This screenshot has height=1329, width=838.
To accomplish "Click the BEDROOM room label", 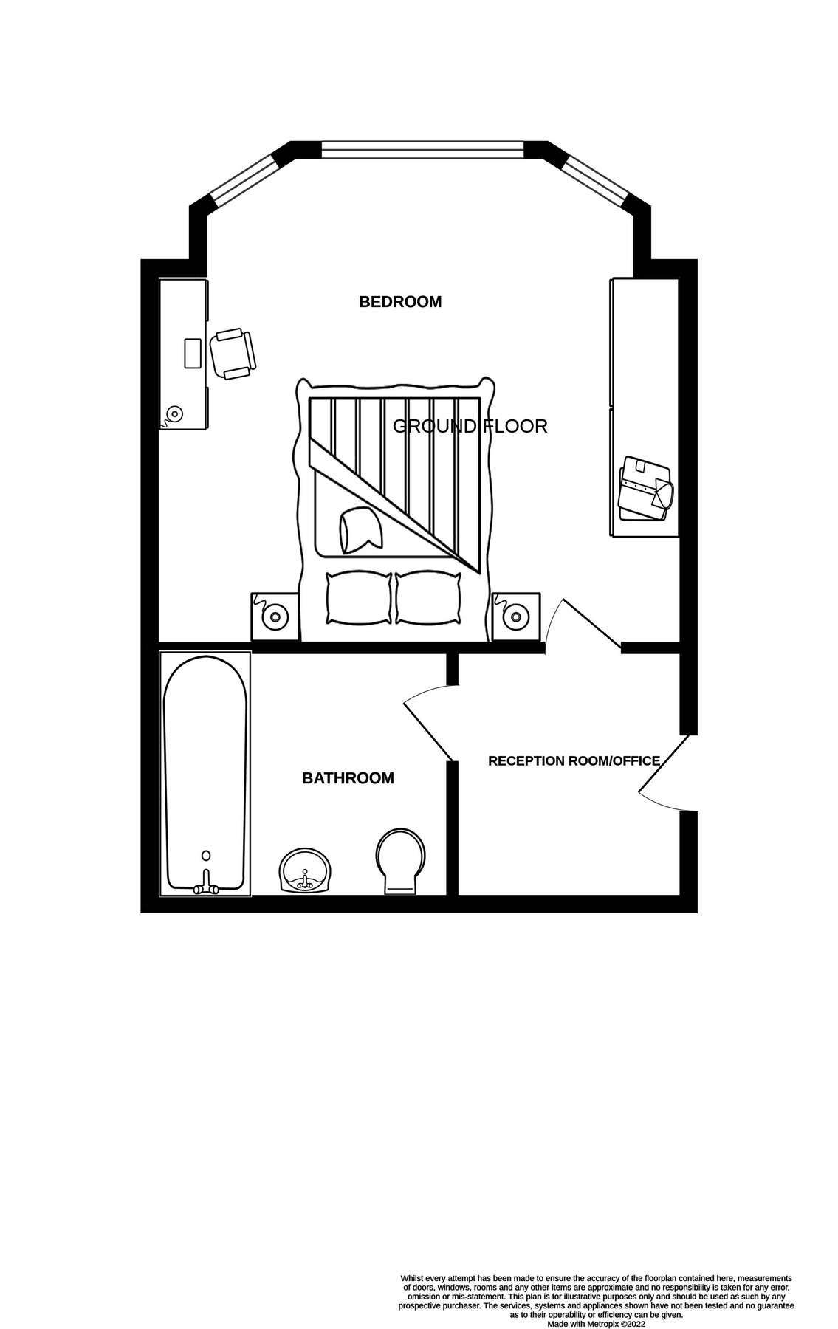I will [x=399, y=302].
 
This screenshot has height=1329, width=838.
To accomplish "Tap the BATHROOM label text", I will [x=348, y=778].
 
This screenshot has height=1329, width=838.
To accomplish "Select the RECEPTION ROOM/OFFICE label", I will [x=574, y=761].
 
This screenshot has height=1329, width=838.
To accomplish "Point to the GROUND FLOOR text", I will [x=470, y=426].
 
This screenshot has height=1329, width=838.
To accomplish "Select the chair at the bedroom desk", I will [x=233, y=354].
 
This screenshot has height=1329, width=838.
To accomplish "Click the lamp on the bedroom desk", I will [x=175, y=413].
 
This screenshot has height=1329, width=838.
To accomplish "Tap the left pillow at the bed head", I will [x=359, y=597].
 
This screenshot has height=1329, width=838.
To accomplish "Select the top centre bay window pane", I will [x=422, y=150].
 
